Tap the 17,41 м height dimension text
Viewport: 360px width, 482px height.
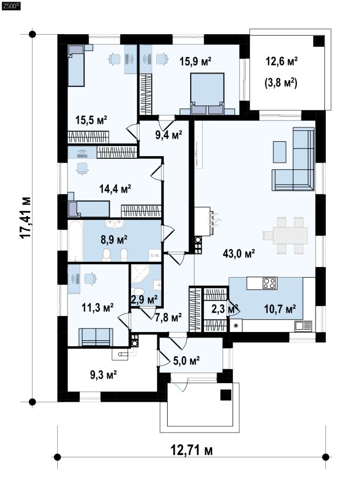point(25,217)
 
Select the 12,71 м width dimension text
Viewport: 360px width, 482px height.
point(191,451)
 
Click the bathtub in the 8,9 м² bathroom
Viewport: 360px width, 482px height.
point(75,241)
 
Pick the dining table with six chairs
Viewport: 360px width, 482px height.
point(285,235)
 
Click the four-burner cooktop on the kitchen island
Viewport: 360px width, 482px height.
point(270,283)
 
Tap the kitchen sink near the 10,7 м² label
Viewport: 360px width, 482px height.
point(303,326)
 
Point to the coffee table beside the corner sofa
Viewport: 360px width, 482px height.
point(279,152)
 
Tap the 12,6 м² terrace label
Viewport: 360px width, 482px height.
point(281,62)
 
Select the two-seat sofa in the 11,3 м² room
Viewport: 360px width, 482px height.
point(96,337)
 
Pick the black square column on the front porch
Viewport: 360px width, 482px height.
point(226,395)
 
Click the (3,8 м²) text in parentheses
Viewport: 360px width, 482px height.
point(281,82)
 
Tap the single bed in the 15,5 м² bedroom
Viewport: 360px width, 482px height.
point(76,66)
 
